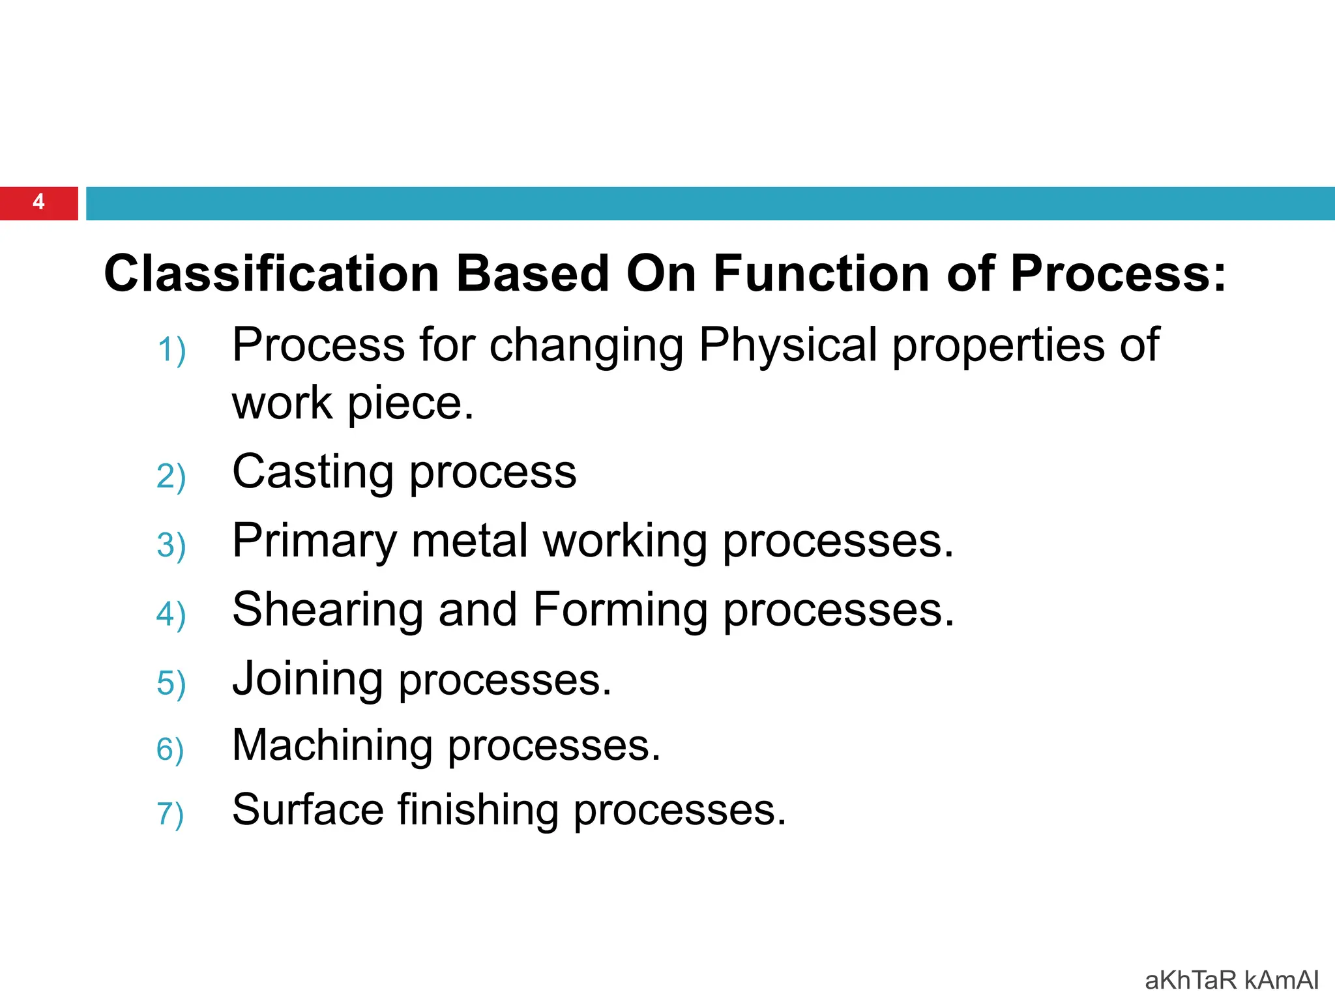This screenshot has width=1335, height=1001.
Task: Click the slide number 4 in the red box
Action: pyautogui.click(x=38, y=202)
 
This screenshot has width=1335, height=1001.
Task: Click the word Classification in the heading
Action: pyautogui.click(x=271, y=274)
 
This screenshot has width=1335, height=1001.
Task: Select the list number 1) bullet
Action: pyautogui.click(x=171, y=350)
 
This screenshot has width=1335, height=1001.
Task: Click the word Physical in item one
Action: pyautogui.click(x=787, y=345)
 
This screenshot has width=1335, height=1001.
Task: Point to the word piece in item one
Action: pyautogui.click(x=410, y=404)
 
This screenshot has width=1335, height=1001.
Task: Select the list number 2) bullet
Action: pyautogui.click(x=171, y=476)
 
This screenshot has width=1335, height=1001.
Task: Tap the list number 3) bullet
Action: pyautogui.click(x=171, y=545)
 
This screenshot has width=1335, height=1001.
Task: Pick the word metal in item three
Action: pyautogui.click(x=469, y=541)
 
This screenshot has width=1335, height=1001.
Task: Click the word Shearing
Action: pyautogui.click(x=328, y=611)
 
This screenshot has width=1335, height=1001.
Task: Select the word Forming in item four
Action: pyautogui.click(x=620, y=611)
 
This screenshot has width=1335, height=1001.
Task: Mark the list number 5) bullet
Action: pyautogui.click(x=171, y=684)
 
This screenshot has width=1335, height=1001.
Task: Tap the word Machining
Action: pyautogui.click(x=332, y=746)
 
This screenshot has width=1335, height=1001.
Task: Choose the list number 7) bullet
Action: pyautogui.click(x=170, y=814)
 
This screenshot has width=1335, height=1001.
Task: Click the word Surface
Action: pyautogui.click(x=308, y=810)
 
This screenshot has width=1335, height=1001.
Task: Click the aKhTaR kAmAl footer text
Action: pyautogui.click(x=1231, y=980)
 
